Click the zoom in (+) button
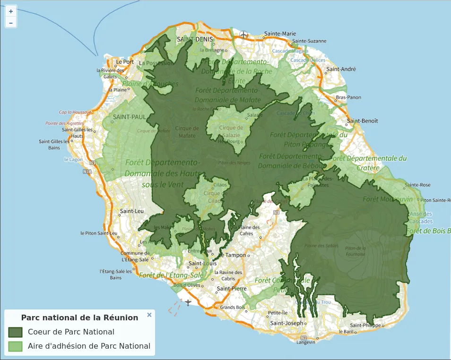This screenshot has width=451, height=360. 11,11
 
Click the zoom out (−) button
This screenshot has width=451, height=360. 11,22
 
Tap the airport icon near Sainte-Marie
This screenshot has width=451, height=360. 243,34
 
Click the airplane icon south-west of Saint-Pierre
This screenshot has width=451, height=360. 188,302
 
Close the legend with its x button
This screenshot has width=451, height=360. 149,315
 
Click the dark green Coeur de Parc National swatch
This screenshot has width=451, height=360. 16,332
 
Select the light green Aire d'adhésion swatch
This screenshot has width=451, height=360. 16,346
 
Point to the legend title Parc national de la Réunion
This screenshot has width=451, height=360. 80,317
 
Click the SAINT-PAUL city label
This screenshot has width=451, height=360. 129,117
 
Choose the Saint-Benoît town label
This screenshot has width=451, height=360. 363,121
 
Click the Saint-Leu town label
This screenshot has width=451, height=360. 131,211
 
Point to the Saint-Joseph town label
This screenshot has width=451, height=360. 286,323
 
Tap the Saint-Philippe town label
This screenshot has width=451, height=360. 365,326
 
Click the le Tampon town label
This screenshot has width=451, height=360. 234,255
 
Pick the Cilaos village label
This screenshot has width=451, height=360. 220,185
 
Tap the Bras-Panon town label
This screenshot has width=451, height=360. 348,97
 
